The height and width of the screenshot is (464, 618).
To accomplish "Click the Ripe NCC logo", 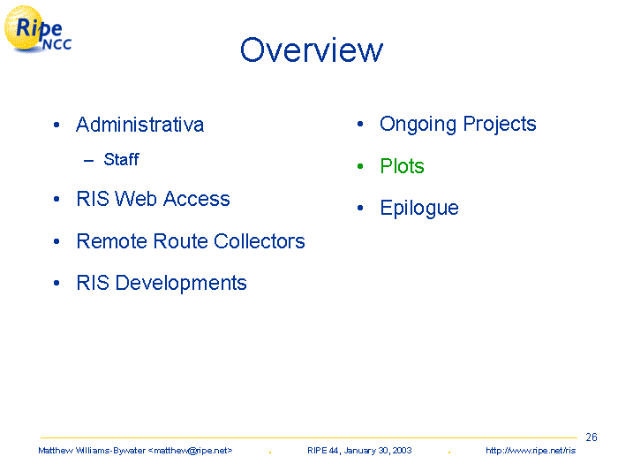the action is pos(38,29).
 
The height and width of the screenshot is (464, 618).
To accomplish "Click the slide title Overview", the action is pos(312,50).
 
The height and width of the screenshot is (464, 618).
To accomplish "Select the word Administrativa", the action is pos(139,125).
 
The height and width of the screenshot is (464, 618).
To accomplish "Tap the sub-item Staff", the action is pos(122,159).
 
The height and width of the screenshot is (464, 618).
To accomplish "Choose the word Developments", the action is pos(181,284).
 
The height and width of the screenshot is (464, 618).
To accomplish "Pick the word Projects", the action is pos(500,125).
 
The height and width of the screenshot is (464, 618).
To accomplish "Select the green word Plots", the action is pos(402,166).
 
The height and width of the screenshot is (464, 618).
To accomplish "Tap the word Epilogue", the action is pos(419,209).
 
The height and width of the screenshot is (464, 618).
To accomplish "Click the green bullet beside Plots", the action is pos(360,166).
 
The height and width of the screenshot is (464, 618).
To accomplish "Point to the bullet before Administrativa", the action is pos(57,126).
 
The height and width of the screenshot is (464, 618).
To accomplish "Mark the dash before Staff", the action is pos(88,160).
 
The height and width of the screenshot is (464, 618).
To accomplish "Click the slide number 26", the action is pos(592,437).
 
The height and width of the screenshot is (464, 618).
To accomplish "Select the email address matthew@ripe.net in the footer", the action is pos(190,451).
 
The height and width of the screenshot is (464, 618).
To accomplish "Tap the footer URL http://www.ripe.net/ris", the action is pos(531,451).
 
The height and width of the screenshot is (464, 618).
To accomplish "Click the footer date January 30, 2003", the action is pos(378,451).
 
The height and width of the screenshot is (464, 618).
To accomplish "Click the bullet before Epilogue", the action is pos(360,208).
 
